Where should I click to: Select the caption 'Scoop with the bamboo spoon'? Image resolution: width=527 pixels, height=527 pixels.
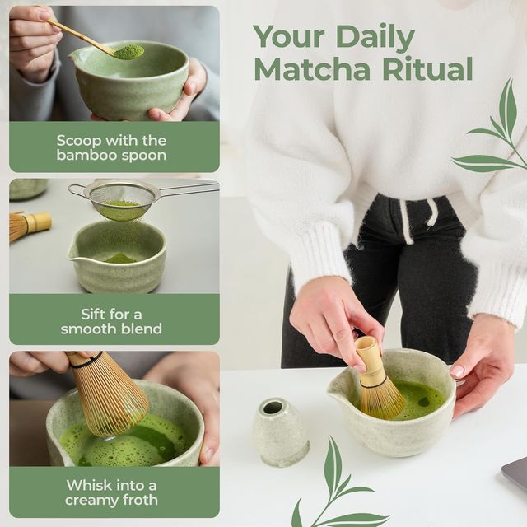point(111,147)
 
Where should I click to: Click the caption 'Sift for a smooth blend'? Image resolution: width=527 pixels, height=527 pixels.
point(111,321)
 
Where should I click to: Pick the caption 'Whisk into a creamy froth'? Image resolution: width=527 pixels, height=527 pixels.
point(111,492)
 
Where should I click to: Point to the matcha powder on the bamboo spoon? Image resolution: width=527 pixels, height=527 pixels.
point(128,52)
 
